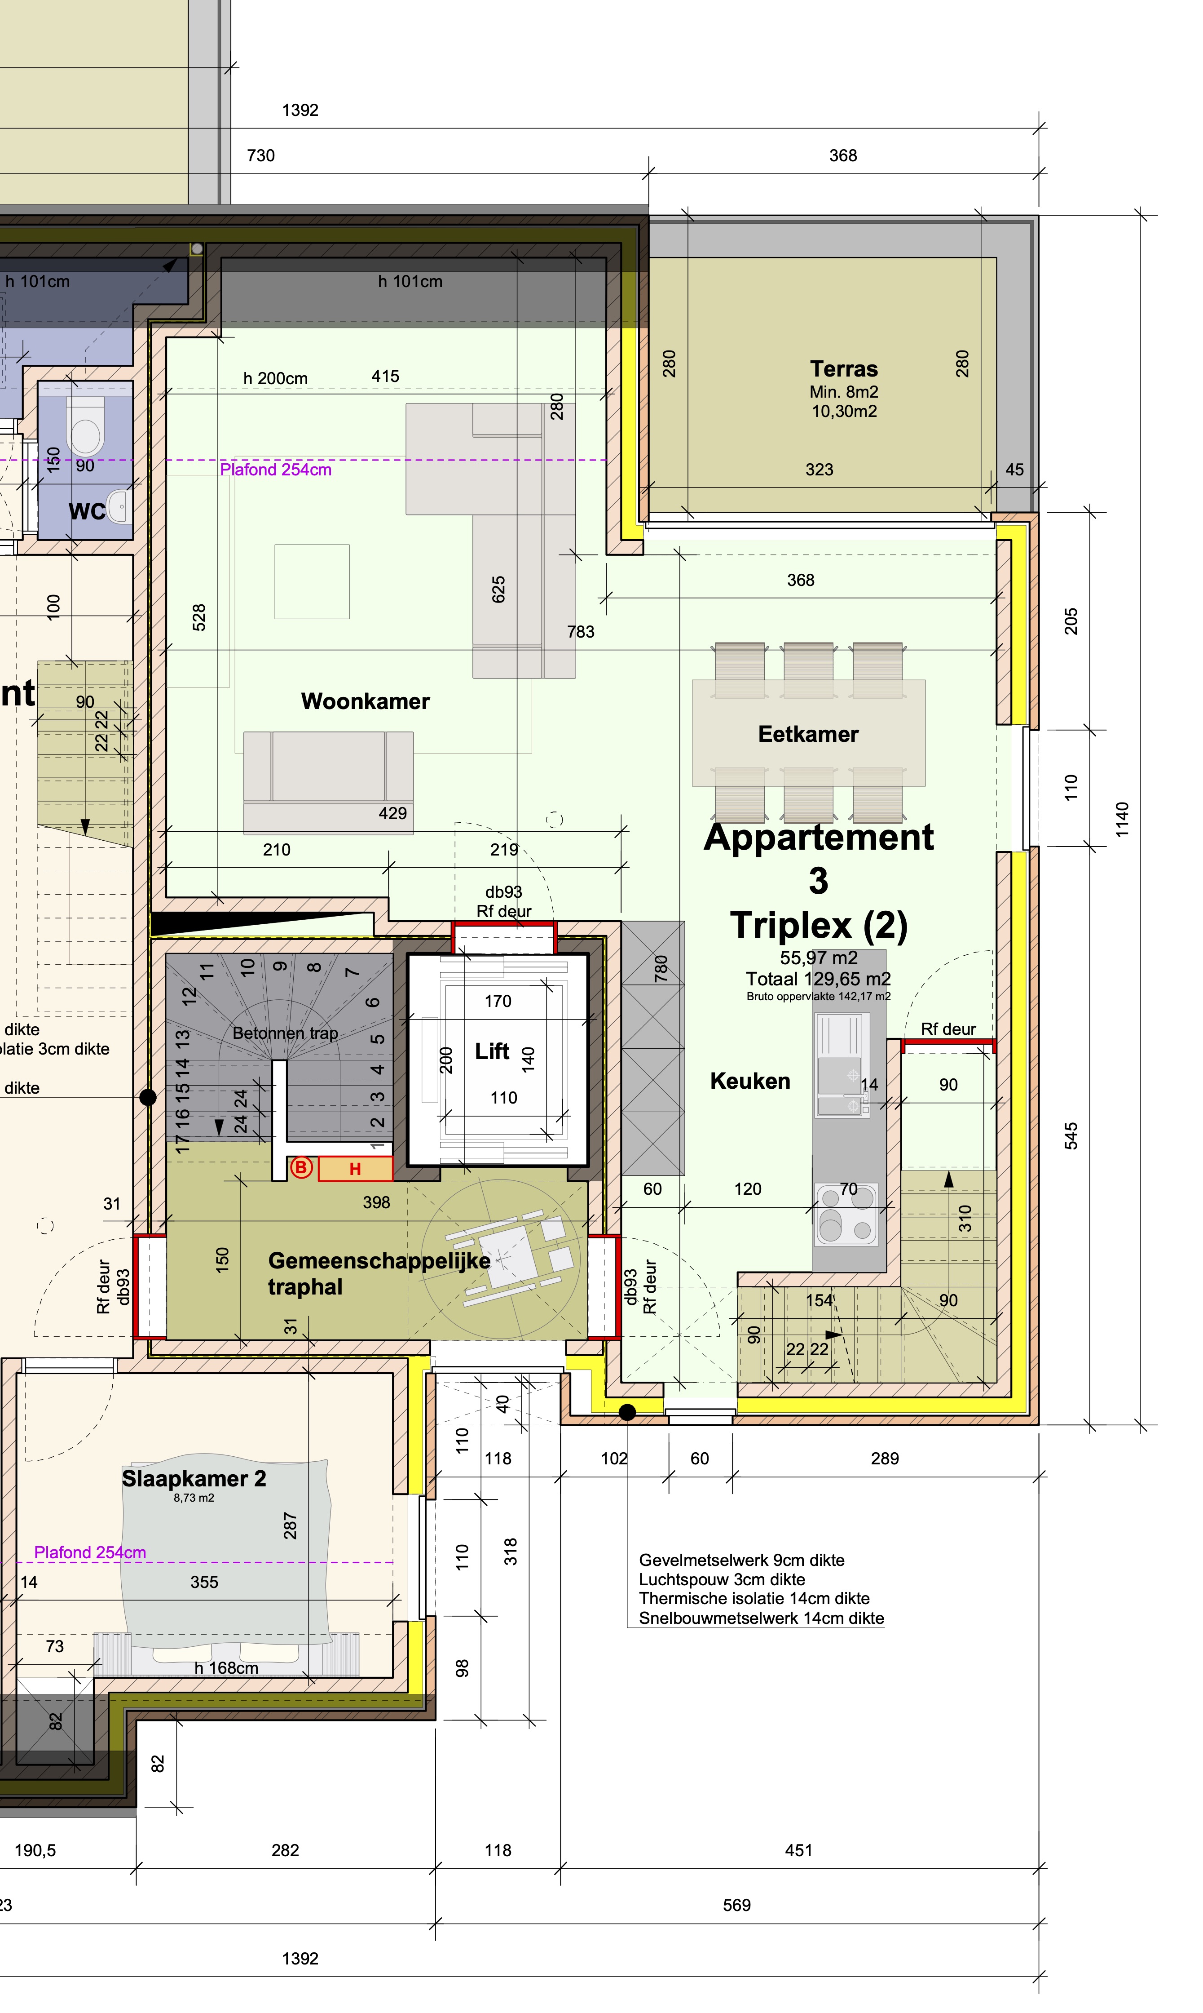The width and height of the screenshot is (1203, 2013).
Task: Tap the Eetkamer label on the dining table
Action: point(808,734)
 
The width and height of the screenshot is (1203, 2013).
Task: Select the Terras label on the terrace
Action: point(844,369)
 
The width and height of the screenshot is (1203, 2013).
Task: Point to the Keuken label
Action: point(750,1081)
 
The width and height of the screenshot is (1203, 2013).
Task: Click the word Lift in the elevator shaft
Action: point(492,1051)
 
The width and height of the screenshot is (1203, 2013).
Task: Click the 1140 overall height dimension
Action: point(1122,819)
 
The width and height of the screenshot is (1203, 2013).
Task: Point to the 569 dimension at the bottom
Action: point(737,1905)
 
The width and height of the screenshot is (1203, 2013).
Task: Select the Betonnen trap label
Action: point(285,1033)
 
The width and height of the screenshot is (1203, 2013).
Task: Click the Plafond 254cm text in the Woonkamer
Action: point(276,470)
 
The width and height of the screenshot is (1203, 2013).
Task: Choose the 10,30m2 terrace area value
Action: point(844,411)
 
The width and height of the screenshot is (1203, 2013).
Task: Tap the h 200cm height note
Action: point(276,378)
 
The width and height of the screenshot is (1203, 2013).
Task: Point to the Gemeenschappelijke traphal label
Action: point(379,1273)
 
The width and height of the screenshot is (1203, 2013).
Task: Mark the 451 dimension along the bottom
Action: point(798,1850)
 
